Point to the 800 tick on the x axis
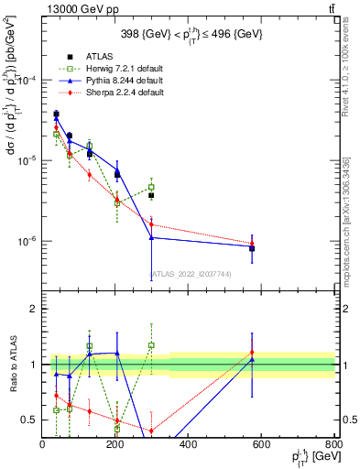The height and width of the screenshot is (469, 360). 333,444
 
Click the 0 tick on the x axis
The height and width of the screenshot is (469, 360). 43,444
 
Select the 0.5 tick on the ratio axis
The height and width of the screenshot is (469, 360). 31,420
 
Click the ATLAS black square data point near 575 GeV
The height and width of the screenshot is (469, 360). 252,248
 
